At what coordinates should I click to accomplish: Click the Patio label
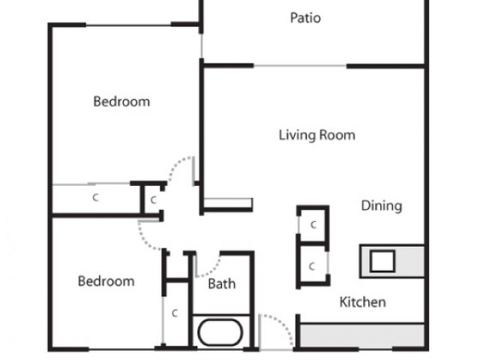coord(305,18)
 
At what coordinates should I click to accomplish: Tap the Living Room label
coord(317,135)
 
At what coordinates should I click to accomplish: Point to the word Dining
coord(382,205)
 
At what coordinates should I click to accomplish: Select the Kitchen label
coord(363,302)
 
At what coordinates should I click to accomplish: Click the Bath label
coord(222,283)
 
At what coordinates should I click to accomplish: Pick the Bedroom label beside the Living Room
coord(121,102)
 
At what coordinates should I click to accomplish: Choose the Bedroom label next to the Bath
coord(106,281)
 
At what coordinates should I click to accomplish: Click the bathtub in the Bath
coord(220,333)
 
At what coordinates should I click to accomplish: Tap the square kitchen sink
coord(382,261)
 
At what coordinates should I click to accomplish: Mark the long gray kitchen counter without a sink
coord(362,335)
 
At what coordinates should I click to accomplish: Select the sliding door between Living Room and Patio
coord(300,66)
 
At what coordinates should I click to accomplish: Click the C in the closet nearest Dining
coord(313,225)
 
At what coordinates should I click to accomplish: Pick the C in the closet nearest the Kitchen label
coord(312,266)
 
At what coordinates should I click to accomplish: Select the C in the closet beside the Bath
coord(175,313)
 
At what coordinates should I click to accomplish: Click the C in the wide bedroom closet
coord(95,197)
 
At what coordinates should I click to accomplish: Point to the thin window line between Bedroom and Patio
coord(202,46)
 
